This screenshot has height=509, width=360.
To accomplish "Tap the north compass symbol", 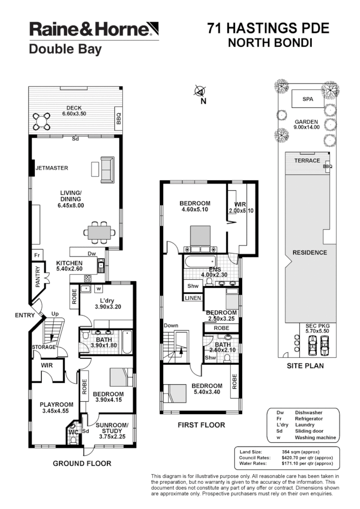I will coord(200,91).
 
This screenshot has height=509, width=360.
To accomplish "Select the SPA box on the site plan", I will coord(308,99).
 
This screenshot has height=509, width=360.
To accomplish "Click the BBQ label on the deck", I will coord(118,117).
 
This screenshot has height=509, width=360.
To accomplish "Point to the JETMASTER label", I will coord(52,169).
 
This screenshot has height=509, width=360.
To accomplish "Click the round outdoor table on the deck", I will coord(42,121).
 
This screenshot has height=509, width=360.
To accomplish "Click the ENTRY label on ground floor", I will coord(25,315).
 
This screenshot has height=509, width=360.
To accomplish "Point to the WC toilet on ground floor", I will coord(73,428).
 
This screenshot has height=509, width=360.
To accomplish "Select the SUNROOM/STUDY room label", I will coord(111,428).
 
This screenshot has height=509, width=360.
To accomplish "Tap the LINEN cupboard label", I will coord(193,298).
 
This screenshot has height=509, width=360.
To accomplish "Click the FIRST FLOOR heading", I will coord(201,425).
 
